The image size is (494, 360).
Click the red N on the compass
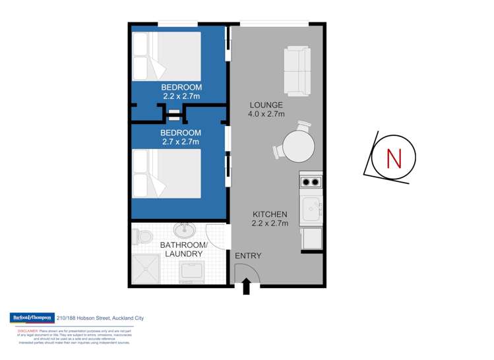tap(394, 159)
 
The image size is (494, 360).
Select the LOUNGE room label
tap(266, 105)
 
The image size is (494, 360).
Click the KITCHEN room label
tap(269, 214)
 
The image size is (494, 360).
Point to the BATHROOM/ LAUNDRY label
tap(184, 249)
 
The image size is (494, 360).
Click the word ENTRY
tap(248, 256)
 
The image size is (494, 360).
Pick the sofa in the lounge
tap(298, 70)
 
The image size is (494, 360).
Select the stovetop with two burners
tap(311, 183)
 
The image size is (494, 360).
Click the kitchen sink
tap(310, 210)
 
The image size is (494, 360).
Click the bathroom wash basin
tap(184, 231)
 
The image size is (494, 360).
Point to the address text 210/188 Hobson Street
tap(100, 318)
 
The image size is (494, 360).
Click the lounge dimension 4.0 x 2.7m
tap(266, 114)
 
